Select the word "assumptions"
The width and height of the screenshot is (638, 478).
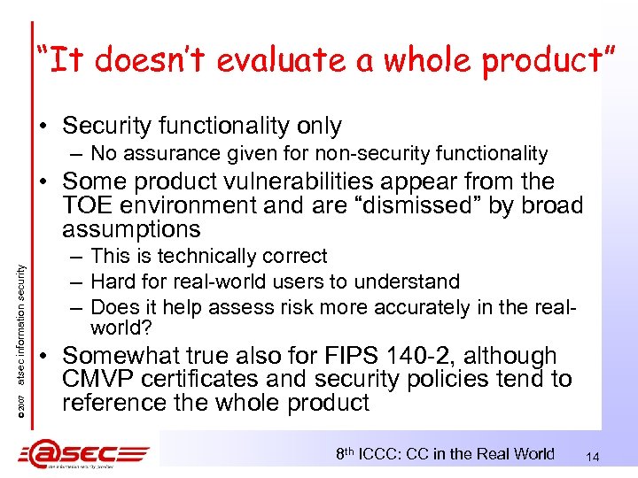tap(132, 229)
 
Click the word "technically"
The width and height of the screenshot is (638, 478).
tap(202, 257)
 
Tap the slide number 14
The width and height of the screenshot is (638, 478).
tap(593, 457)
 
